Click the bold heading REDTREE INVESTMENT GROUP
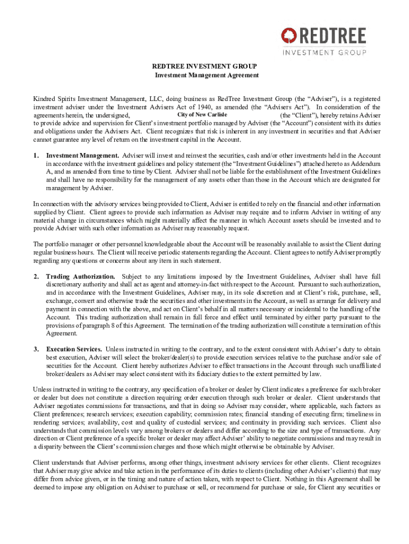tap(204, 66)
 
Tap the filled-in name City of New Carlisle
tap(202, 115)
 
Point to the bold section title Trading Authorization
tap(80, 277)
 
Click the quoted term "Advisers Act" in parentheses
tap(280, 107)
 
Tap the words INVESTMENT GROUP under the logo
tap(324, 52)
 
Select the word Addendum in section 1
tap(364, 164)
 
